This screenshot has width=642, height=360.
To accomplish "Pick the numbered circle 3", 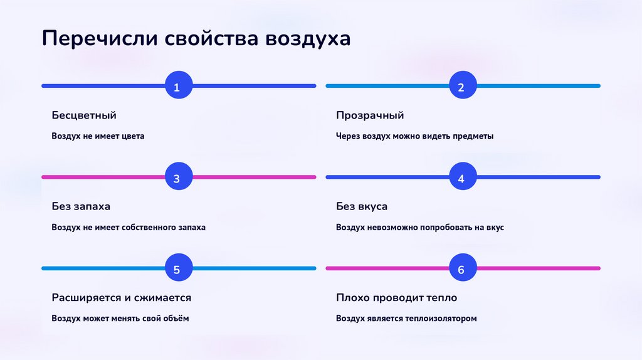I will pos(177,177).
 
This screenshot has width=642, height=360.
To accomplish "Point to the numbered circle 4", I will pos(461,177).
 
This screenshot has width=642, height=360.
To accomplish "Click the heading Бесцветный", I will pos(84,115).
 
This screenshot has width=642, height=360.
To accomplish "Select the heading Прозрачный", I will pos(370,115).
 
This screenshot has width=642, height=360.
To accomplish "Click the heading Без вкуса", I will pos(362,206).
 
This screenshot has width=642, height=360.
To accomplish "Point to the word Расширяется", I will pos(89,297).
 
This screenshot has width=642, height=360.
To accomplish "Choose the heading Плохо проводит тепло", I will pos(396,297).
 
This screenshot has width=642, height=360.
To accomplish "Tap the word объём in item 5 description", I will pos(176,319).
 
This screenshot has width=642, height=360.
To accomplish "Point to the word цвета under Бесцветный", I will pos(132,136).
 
